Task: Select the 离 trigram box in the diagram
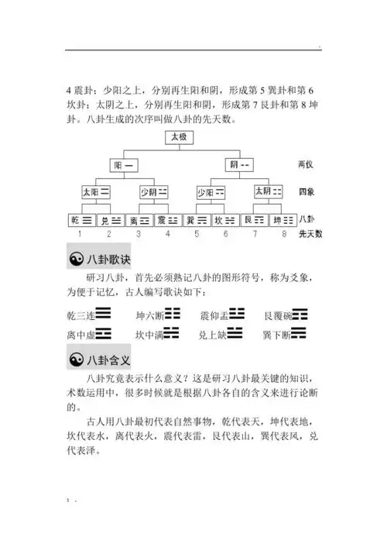click(x=139, y=219)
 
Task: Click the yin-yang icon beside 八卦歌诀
click(x=77, y=260)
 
